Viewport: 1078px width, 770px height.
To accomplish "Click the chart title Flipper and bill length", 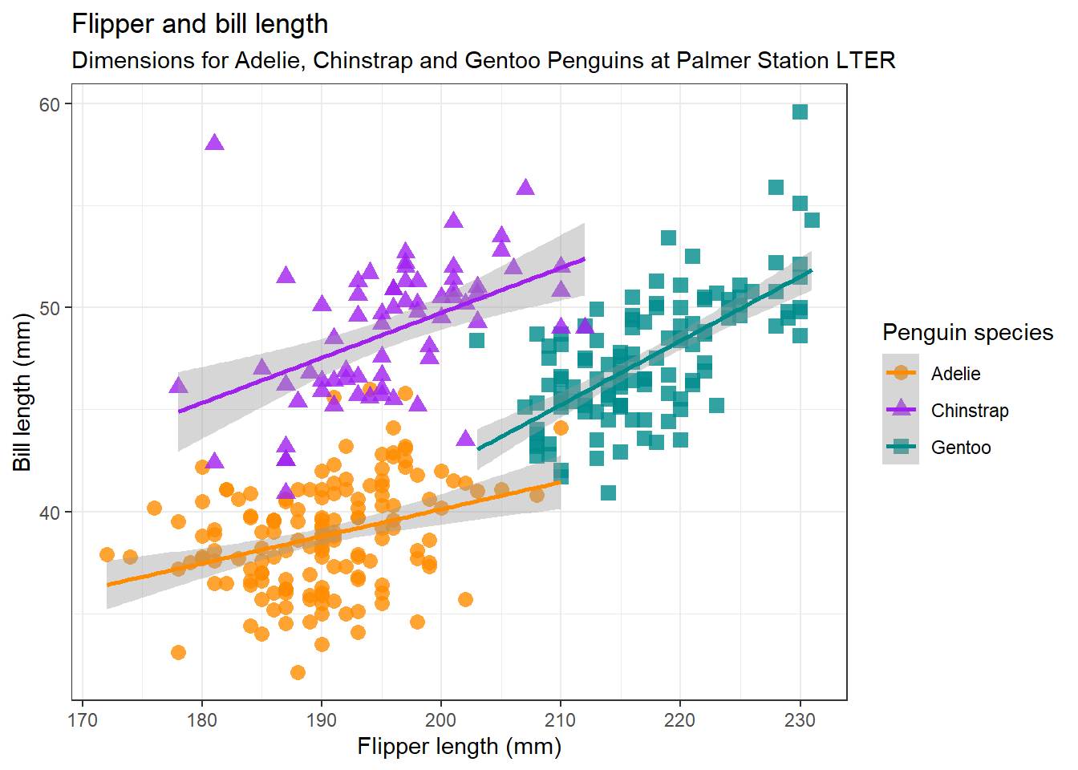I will [200, 24].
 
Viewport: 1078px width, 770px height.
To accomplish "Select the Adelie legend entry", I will [955, 374].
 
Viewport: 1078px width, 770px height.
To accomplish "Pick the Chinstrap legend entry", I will [969, 411].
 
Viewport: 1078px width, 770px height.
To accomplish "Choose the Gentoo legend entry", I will [960, 448].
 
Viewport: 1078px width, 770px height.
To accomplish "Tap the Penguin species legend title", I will [967, 333].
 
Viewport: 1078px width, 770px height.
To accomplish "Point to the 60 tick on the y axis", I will [50, 104].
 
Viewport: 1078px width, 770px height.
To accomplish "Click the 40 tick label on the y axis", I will [50, 513].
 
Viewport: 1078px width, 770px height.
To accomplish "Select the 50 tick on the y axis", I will [50, 308].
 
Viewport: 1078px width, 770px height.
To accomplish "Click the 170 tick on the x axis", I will [83, 719].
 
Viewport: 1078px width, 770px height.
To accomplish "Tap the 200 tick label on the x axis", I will [440, 719].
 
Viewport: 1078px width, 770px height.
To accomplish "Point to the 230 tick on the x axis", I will [799, 719].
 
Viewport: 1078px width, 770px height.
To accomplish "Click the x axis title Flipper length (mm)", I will [459, 747].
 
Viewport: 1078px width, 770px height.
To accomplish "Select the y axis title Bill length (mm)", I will [22, 392].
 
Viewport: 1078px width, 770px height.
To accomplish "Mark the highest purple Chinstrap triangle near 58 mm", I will [214, 143].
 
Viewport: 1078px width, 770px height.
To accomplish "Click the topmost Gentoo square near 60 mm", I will [800, 112].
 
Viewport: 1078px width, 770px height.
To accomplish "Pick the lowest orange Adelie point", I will [298, 672].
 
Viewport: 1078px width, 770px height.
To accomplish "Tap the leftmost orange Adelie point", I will [107, 555].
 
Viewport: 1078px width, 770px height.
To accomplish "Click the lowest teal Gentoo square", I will [608, 492].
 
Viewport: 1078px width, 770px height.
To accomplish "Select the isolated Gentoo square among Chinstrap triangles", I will [476, 341].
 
